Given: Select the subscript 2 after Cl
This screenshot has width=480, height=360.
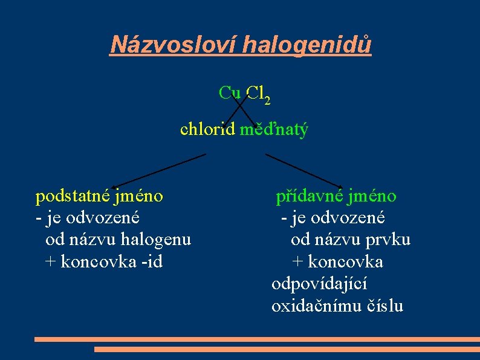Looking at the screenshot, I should click(x=267, y=100).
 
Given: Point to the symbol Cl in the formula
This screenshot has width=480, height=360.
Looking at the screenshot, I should click(x=254, y=93).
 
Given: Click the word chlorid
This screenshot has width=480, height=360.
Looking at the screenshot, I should click(x=207, y=129).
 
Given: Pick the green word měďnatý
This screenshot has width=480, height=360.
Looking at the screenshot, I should click(x=274, y=129).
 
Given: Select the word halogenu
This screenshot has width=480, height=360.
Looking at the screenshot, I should click(x=156, y=240).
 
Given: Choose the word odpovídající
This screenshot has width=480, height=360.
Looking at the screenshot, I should click(x=319, y=284).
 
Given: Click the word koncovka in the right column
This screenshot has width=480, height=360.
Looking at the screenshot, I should click(x=347, y=261).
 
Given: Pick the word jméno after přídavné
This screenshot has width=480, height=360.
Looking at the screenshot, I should click(x=372, y=196).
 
